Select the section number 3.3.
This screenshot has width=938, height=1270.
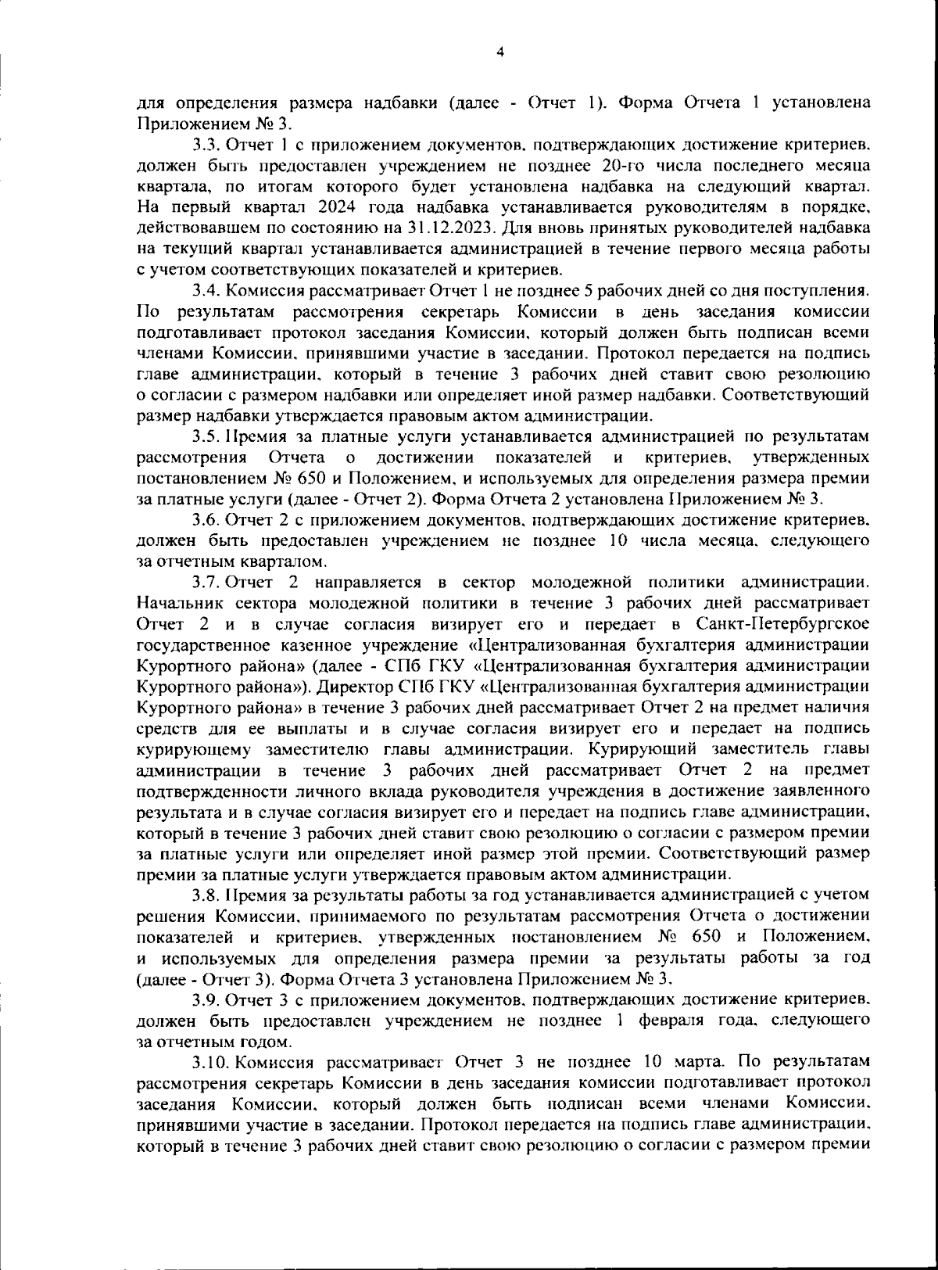(x=206, y=145)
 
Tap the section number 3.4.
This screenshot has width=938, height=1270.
(x=206, y=291)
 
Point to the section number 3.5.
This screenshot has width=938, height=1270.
(x=206, y=436)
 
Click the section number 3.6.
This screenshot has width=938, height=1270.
(x=206, y=520)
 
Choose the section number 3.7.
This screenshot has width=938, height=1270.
(x=206, y=583)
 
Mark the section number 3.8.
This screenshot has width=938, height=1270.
(x=206, y=894)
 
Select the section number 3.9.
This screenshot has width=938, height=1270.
(x=206, y=999)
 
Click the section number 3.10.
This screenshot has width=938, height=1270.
(x=210, y=1062)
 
